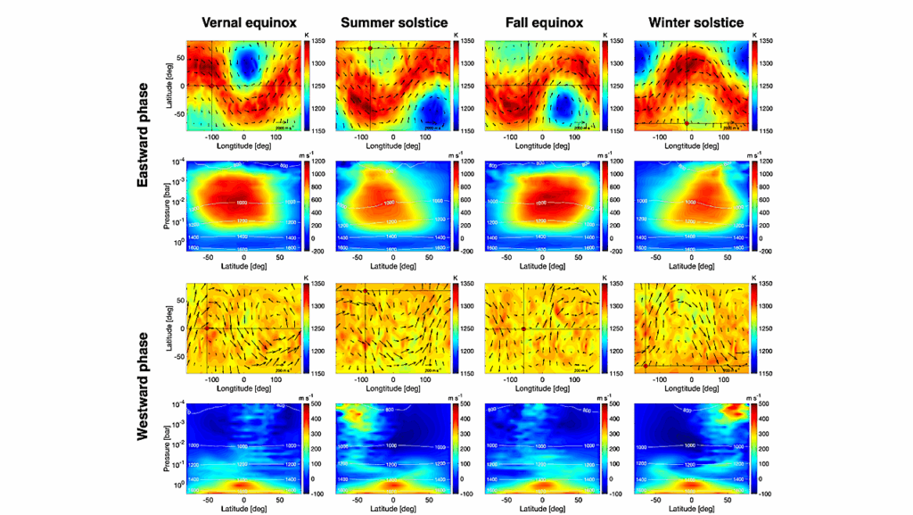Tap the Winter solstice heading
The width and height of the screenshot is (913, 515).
pos(692,22)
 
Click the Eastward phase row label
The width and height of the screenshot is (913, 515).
pos(142,145)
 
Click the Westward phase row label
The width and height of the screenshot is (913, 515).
pos(142,386)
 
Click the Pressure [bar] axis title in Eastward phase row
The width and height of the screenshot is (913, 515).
pos(169,206)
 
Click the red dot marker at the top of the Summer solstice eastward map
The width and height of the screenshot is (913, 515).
pos(369,47)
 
